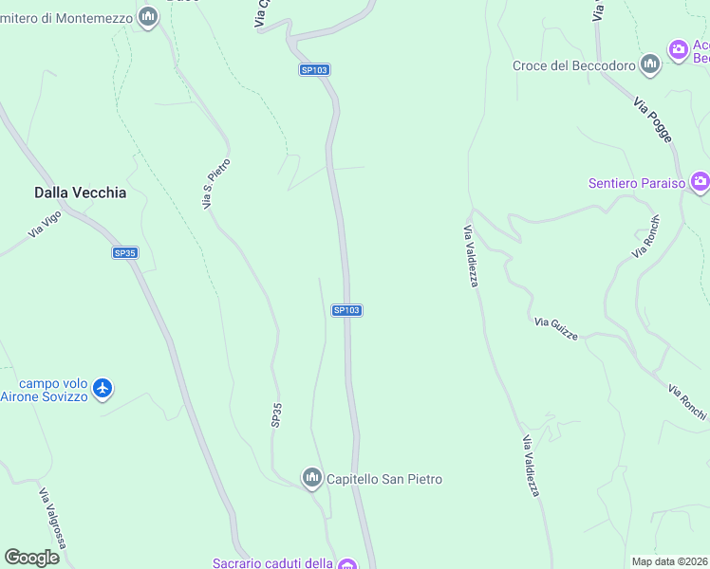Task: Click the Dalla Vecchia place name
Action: pos(80,193)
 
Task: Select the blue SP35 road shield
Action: pos(124,253)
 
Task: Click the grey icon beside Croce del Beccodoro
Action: pos(650,64)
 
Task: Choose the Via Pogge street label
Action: pos(653,122)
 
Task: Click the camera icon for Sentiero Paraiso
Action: pos(701,181)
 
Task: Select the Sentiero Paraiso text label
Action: pos(636,183)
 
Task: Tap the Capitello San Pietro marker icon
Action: pos(311,478)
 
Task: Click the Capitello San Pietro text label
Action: pos(384,479)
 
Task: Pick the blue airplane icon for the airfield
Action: pos(103,388)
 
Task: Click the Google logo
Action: pos(32,558)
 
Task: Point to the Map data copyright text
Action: pos(670,561)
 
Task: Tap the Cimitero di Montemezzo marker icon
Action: pos(147,17)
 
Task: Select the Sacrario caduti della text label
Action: pos(272,563)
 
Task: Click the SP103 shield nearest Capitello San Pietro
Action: pos(346,310)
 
